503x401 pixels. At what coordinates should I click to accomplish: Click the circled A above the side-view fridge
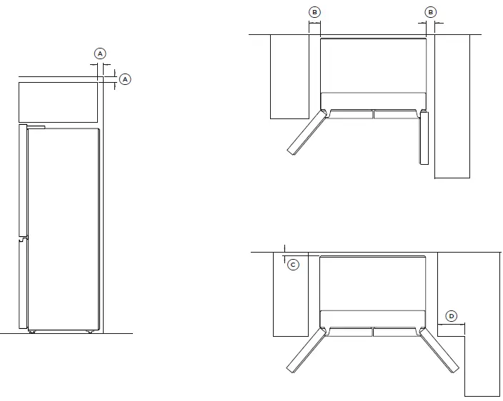100,54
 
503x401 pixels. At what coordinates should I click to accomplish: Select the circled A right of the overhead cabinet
125,79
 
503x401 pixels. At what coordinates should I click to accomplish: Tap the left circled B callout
314,12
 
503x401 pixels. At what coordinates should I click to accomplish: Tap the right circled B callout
430,12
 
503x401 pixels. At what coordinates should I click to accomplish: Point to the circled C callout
293,265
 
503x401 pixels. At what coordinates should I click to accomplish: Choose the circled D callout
451,316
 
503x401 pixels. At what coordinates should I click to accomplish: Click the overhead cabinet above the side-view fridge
57,102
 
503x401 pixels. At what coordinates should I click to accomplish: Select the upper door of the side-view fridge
24,181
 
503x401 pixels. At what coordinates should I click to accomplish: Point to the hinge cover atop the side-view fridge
34,127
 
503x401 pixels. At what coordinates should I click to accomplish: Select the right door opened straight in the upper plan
424,138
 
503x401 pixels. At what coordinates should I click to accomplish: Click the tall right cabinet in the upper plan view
452,107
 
